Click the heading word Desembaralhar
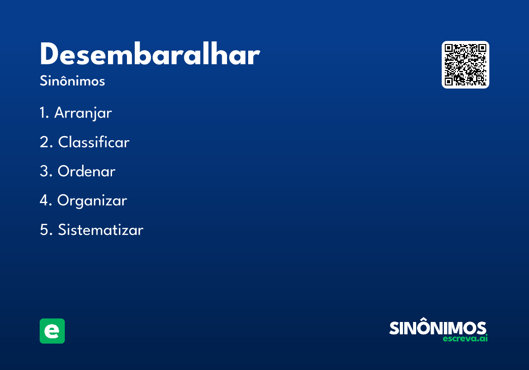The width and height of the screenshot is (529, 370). [150, 54]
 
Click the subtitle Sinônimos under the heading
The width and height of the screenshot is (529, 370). [72, 81]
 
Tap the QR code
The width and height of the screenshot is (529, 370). [465, 65]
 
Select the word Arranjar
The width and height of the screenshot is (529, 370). [83, 113]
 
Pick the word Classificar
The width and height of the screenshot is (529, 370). [94, 142]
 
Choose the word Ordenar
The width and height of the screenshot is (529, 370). [86, 171]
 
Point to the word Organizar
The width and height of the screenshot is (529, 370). [92, 201]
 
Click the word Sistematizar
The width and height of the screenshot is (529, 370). [101, 229]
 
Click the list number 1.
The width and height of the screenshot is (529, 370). [44, 113]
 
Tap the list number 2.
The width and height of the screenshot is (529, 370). [46, 142]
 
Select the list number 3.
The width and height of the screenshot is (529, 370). [46, 171]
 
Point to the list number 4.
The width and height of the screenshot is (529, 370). [45, 200]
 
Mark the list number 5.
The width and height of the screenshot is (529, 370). [46, 229]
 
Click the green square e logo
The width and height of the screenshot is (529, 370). [52, 331]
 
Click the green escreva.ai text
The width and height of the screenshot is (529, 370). [465, 338]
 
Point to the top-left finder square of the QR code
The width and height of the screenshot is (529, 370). [449, 48]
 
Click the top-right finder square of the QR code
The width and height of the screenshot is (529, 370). [482, 48]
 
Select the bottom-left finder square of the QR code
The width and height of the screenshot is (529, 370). [449, 81]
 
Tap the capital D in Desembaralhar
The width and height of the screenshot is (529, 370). [49, 53]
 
